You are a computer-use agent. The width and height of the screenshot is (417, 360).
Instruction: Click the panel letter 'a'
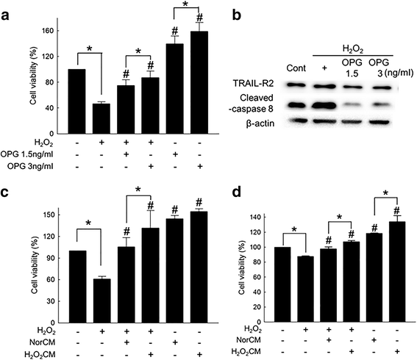pyautogui.click(x=7, y=10)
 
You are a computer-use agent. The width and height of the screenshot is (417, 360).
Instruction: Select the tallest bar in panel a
pyautogui.click(x=200, y=80)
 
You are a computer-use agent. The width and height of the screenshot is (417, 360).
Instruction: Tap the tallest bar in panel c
pyautogui.click(x=199, y=267)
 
